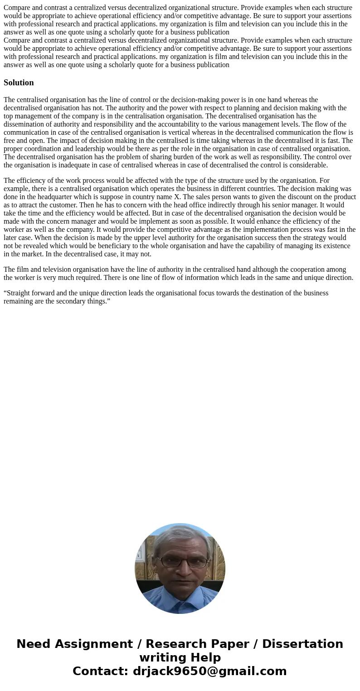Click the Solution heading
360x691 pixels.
[x=19, y=83]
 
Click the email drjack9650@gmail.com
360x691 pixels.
[x=209, y=671]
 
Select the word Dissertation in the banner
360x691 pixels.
[x=302, y=644]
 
